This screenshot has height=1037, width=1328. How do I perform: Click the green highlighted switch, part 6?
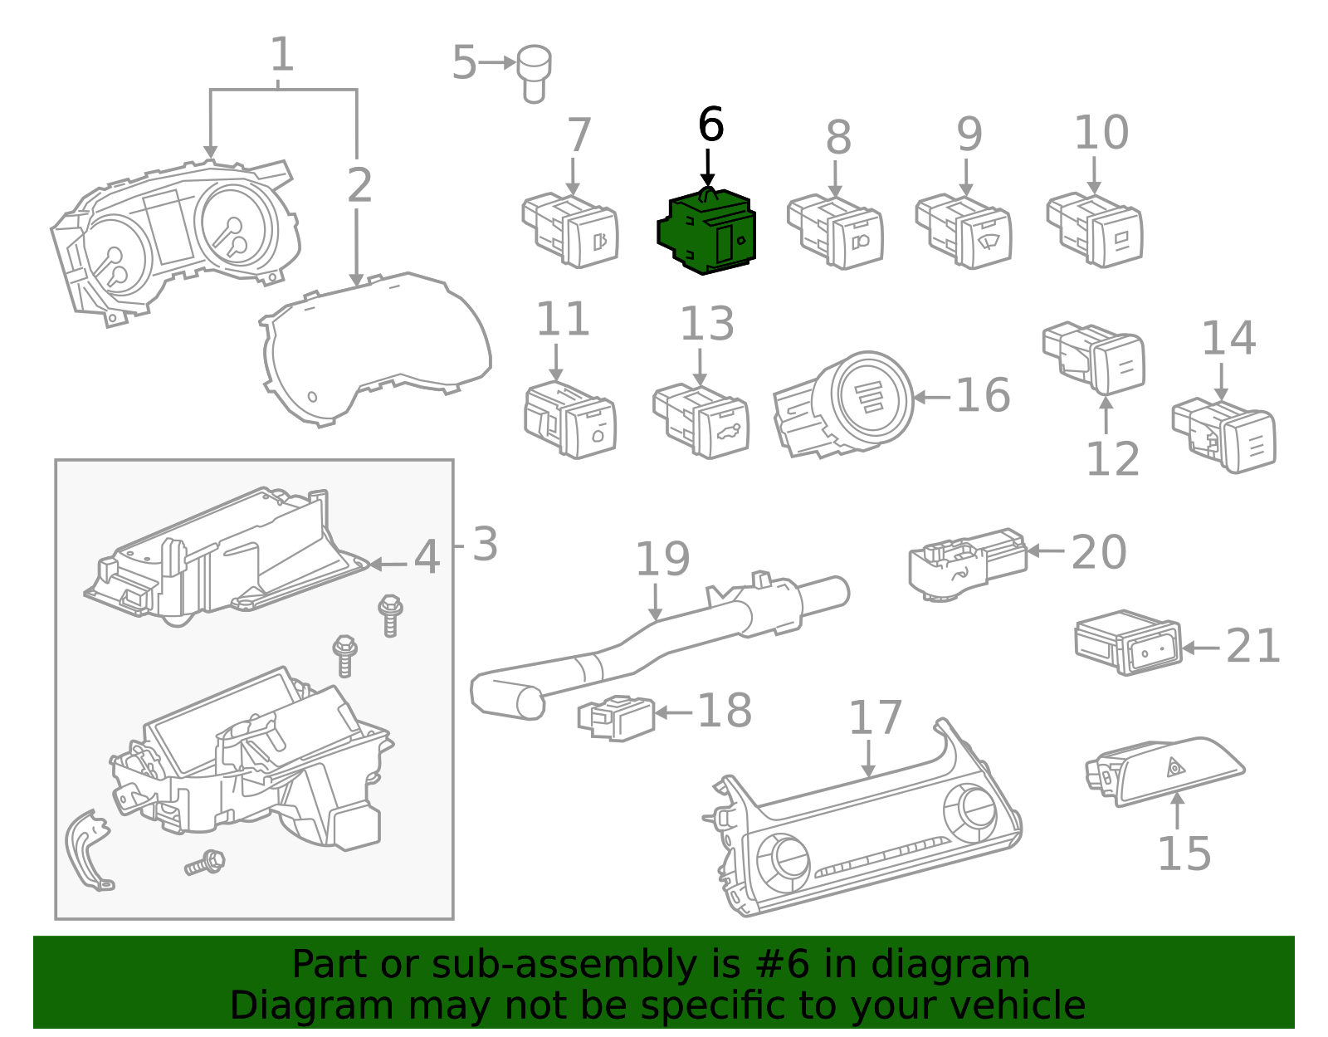pyautogui.click(x=707, y=232)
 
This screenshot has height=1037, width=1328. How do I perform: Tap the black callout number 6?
pyautogui.click(x=710, y=125)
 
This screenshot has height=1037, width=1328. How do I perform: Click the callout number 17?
pyautogui.click(x=875, y=718)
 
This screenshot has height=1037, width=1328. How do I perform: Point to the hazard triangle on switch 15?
pyautogui.click(x=1175, y=767)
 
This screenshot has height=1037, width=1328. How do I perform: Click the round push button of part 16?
pyautogui.click(x=871, y=396)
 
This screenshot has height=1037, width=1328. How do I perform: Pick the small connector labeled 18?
pyautogui.click(x=616, y=717)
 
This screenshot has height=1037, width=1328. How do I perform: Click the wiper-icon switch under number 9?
pyautogui.click(x=964, y=231)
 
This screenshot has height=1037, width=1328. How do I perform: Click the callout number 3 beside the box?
pyautogui.click(x=485, y=545)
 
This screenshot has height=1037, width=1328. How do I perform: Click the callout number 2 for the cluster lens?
pyautogui.click(x=359, y=185)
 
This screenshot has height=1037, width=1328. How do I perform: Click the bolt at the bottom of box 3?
pyautogui.click(x=205, y=863)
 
